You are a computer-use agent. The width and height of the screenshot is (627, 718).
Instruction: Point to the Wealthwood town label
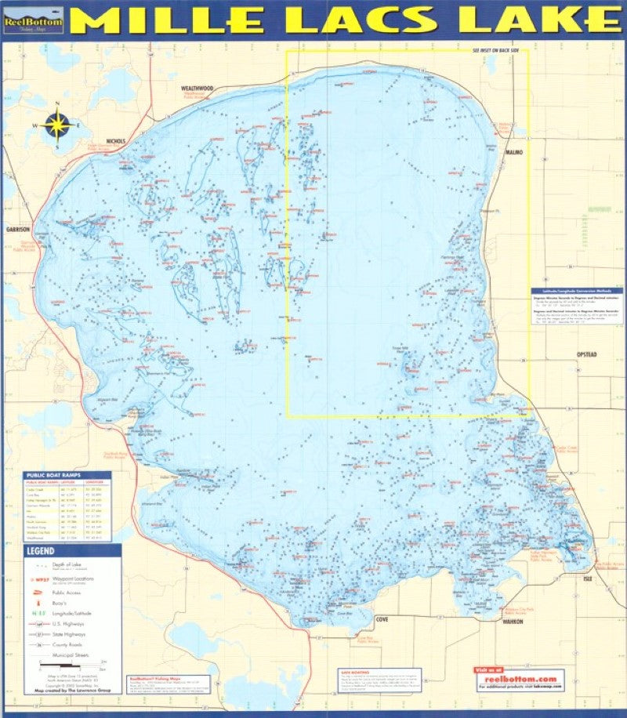pyautogui.click(x=197, y=89)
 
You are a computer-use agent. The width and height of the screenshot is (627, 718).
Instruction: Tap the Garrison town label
pyautogui.click(x=19, y=230)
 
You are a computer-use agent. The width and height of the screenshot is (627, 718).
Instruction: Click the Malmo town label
pyautogui.click(x=514, y=151)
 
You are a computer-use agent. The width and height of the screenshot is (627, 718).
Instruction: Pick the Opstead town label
pyautogui.click(x=586, y=354)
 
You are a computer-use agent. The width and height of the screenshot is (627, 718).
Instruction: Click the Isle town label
pyautogui.click(x=588, y=578)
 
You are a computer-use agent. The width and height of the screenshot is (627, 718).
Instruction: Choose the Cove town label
pyautogui.click(x=382, y=619)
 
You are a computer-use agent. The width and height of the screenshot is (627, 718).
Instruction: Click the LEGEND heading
pyautogui.click(x=41, y=551)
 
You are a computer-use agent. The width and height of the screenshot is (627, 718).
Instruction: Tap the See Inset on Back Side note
pyautogui.click(x=499, y=49)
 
